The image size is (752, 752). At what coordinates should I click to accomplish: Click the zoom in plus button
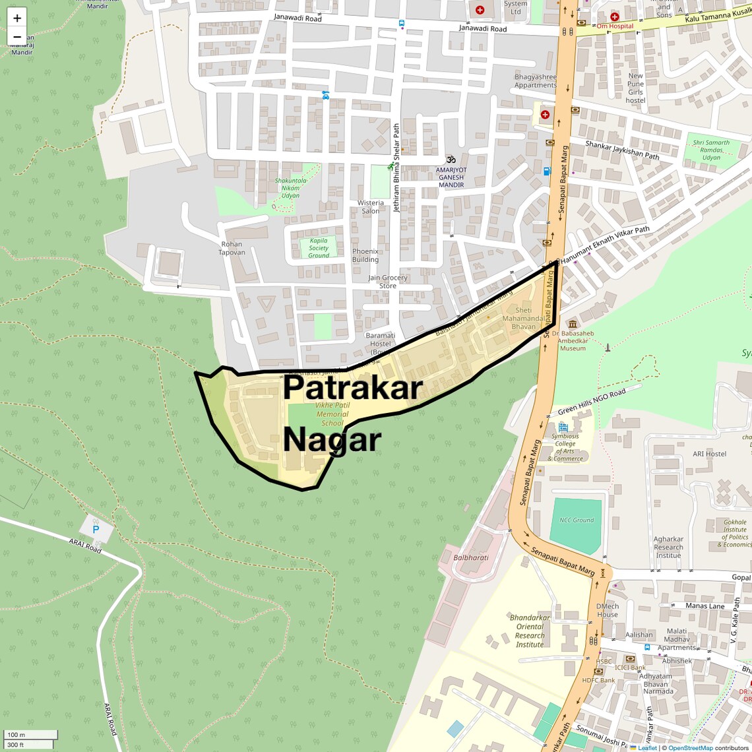point(17,18)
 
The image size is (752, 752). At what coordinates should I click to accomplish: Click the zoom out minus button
point(17,37)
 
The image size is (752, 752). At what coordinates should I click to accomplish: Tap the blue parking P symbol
point(96,529)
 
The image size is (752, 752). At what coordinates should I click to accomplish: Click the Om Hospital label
point(615,26)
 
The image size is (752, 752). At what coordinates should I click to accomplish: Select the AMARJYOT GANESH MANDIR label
point(451,177)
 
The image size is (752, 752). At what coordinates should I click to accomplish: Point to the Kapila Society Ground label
point(319,248)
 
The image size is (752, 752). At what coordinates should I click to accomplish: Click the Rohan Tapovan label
point(232,248)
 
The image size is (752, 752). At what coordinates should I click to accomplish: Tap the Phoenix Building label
point(365,255)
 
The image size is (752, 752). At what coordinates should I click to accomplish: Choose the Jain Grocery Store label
point(388,282)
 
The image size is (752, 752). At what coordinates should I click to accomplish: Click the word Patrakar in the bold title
point(352,387)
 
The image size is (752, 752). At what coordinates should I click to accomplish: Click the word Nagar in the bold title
point(332,439)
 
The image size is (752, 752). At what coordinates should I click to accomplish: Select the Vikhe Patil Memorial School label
point(332,414)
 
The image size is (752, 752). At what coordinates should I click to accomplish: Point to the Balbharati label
point(471,557)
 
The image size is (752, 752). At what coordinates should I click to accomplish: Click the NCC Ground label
point(577,520)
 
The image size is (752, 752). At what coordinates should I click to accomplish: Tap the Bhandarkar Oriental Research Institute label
point(530,631)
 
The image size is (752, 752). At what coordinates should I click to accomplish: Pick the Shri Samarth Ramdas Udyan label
point(711,150)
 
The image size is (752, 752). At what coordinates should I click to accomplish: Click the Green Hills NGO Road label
point(592,402)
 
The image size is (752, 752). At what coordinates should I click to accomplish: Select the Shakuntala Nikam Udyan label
point(291,188)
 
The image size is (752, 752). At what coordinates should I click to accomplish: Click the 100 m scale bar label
point(16,734)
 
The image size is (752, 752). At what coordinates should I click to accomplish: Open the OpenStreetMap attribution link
point(690,748)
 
